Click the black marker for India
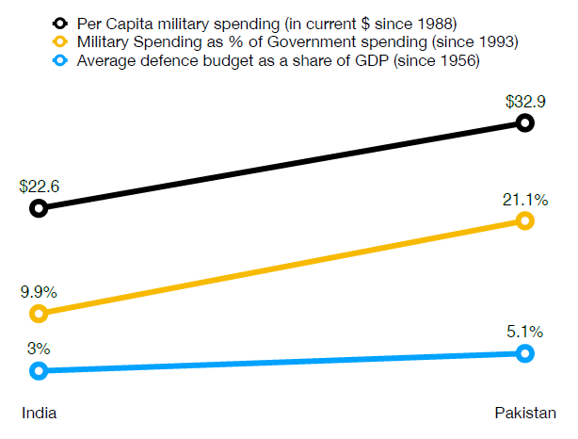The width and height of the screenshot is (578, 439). pyautogui.click(x=39, y=208)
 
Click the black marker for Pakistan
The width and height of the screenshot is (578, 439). pyautogui.click(x=525, y=123)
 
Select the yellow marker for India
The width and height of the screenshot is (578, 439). pyautogui.click(x=39, y=314)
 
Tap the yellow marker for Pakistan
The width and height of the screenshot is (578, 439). pyautogui.click(x=525, y=220)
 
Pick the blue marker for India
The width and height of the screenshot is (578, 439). pyautogui.click(x=39, y=370)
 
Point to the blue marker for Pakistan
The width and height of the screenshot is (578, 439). pyautogui.click(x=525, y=353)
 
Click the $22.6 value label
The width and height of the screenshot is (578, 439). pyautogui.click(x=40, y=187)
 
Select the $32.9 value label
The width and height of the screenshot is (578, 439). pyautogui.click(x=525, y=102)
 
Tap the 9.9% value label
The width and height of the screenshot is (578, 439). pyautogui.click(x=40, y=292)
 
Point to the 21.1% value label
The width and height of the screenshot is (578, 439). pyautogui.click(x=525, y=200)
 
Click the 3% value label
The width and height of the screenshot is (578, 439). pyautogui.click(x=39, y=349)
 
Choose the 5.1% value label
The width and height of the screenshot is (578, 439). pyautogui.click(x=525, y=332)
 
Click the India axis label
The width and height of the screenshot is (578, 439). pyautogui.click(x=39, y=413)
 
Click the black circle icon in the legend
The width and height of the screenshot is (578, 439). pyautogui.click(x=61, y=23)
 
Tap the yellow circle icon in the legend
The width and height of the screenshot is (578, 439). pyautogui.click(x=61, y=41)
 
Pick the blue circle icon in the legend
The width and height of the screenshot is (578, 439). pyautogui.click(x=61, y=60)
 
